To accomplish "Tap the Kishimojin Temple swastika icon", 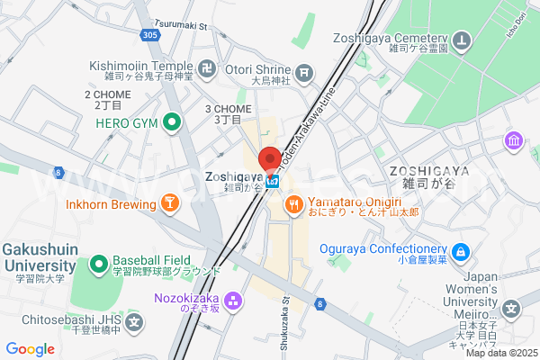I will point(208,67).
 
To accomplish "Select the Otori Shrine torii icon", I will point(306,71).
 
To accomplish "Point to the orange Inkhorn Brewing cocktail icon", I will point(168,204).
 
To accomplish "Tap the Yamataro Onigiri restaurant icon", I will point(292,205).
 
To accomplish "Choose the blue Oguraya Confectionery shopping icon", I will point(462,250).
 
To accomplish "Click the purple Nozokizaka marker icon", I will point(233,299).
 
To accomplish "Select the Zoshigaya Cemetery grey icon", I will point(462,40).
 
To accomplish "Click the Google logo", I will point(31,348).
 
